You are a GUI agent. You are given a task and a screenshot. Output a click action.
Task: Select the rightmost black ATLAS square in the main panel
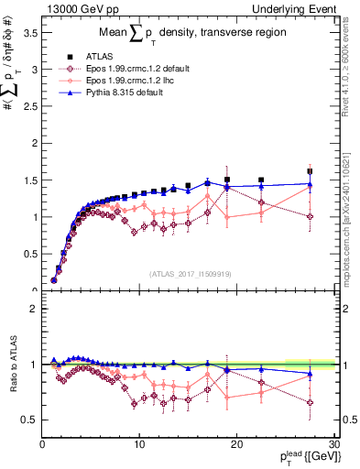(x=310, y=171)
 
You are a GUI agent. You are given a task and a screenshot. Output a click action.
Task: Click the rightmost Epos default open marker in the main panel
(x=310, y=217)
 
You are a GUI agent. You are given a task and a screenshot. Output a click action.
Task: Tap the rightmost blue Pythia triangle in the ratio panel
(x=310, y=374)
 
